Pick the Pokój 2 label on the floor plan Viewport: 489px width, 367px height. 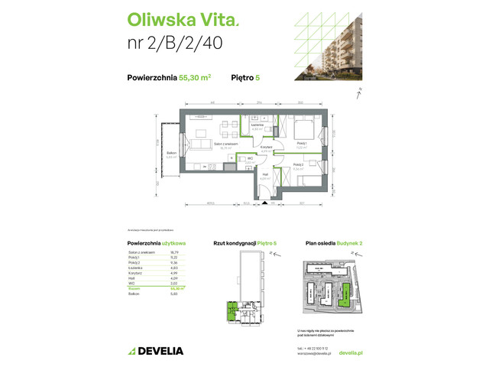coord(298,164)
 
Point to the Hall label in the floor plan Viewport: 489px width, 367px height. coord(265,174)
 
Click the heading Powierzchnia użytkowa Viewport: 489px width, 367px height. coord(157,242)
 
